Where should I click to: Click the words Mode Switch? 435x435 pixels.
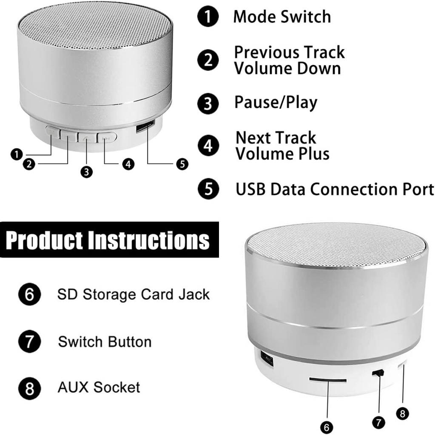coord(282,17)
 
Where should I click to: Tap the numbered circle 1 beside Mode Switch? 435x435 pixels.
coord(208,17)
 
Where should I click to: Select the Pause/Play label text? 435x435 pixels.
coord(276,103)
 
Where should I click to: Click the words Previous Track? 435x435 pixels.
coord(289,52)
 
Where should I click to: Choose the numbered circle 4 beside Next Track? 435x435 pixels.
coord(208,146)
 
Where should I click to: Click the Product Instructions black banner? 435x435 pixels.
coord(109,240)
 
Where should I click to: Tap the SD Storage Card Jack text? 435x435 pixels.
coord(134,294)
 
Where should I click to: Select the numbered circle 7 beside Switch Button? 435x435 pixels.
coord(29,342)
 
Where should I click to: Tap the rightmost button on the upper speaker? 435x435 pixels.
coord(107,137)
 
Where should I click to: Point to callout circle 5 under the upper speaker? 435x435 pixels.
coord(182,164)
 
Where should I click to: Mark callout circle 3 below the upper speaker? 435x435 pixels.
coord(86,172)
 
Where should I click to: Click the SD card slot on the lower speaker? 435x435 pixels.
coord(327,379)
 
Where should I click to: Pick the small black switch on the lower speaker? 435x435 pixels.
coord(378,373)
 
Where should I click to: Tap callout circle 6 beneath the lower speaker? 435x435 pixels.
coord(327,427)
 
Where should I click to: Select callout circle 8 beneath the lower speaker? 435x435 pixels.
coord(402,412)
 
